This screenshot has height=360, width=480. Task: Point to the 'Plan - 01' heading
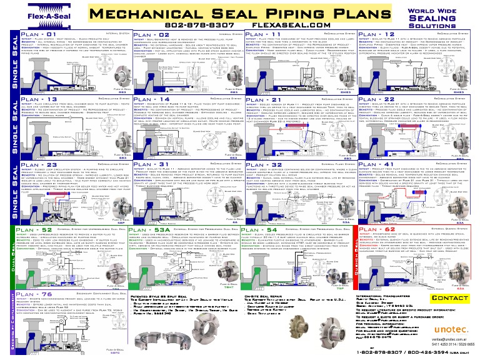[38, 34]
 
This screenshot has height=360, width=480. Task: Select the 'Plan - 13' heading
[38, 99]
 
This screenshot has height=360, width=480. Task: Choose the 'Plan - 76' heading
[38, 294]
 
